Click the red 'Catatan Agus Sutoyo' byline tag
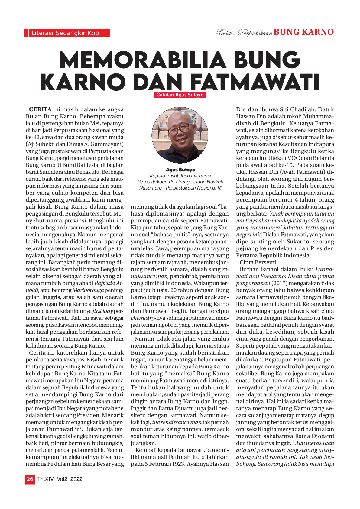[180, 95]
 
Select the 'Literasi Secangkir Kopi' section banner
[67, 33]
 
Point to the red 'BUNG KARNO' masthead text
[303, 32]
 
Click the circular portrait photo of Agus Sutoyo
[180, 135]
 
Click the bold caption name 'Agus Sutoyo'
[180, 170]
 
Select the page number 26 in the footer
[30, 479]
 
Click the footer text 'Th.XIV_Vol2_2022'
[60, 479]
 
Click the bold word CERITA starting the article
[40, 109]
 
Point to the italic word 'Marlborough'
[88, 290]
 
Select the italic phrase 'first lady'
[102, 311]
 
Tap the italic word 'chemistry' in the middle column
[142, 318]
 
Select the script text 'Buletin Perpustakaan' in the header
[243, 33]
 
